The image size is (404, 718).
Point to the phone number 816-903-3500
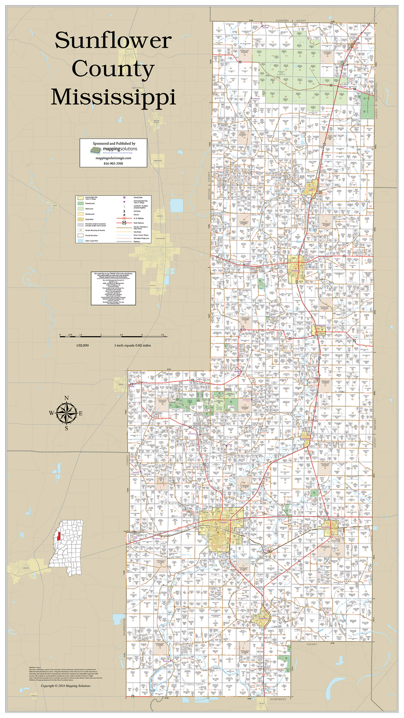[x=113, y=163]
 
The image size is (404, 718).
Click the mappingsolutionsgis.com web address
[x=113, y=158]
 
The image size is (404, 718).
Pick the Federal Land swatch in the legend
[x=81, y=203]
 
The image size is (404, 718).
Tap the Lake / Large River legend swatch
[x=81, y=240]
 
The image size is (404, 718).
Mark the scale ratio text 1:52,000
[x=82, y=345]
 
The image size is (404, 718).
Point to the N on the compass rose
[x=66, y=399]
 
